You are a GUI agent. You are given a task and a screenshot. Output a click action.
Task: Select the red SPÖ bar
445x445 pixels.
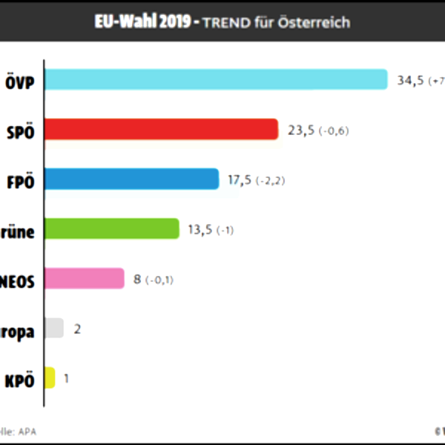coord(162,130)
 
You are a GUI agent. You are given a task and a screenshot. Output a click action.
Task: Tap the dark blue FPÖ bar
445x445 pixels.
coord(132,179)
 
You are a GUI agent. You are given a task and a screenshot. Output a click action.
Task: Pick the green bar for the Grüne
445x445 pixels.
coord(112,228)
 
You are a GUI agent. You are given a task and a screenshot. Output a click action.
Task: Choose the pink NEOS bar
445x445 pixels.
coord(85,278)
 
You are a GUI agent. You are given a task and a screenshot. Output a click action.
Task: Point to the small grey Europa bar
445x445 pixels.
coord(54,328)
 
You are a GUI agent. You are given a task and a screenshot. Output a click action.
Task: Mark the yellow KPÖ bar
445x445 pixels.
coord(50,378)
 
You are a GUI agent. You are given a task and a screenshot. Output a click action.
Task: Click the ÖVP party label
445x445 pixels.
coord(19,81)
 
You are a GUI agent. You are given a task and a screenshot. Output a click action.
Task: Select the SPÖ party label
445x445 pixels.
coord(20,131)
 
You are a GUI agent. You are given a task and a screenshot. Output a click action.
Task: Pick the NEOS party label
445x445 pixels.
coord(18,280)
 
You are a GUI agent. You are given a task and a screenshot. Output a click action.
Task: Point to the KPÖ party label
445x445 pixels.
coord(19,380)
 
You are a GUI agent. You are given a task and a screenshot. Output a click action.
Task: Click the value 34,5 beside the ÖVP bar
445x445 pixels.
coord(410,80)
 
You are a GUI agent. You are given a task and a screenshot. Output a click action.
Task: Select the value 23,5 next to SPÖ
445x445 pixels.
coord(301,131)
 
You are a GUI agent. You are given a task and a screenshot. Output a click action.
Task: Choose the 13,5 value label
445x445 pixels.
coord(200,230)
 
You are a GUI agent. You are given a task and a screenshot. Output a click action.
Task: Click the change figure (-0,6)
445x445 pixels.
coord(334,131)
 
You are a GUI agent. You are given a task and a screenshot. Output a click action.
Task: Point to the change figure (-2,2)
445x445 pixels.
coord(271,181)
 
